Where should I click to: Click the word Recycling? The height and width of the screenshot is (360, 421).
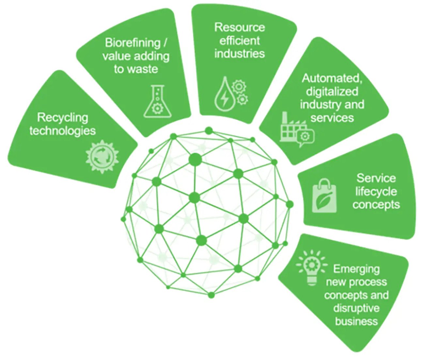point(63,117)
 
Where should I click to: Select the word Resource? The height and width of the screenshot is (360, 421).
point(239,27)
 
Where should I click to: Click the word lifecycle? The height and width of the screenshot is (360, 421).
point(376,191)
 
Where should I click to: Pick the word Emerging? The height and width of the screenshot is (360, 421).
point(356,269)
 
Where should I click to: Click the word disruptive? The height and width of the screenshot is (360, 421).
point(356,308)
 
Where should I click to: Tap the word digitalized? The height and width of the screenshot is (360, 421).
point(332,91)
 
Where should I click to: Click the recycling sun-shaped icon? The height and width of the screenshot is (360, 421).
point(102,157)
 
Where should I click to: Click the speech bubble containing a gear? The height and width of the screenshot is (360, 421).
point(306,136)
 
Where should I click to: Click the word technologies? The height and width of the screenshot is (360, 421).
point(63,131)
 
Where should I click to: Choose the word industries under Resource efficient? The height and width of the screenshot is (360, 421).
point(239,53)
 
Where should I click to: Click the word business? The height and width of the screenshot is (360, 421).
point(356,321)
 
